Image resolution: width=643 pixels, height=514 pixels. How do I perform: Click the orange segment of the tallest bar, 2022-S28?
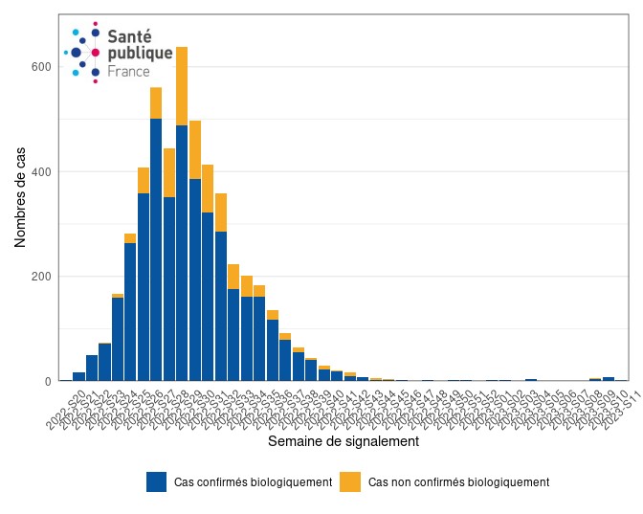point(182,86)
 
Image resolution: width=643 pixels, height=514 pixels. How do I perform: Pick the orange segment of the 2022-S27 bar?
point(169,173)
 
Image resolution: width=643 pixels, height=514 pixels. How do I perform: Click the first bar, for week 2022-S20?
point(78,376)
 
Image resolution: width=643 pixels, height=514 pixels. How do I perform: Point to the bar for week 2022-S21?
point(92,368)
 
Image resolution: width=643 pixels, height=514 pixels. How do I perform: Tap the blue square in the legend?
point(157,482)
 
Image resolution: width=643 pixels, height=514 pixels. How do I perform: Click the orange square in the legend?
point(350,482)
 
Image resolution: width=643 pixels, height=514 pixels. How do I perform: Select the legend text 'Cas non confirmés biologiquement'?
point(459,482)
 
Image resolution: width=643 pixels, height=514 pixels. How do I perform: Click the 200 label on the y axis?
point(42,277)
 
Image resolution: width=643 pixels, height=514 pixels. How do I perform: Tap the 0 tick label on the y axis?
point(48,381)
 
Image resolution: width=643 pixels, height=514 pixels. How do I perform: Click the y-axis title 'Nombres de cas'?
point(20,198)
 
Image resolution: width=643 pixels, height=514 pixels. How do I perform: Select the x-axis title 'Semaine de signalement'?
point(344,442)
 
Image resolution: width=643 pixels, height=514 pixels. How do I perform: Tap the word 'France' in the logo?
point(128,72)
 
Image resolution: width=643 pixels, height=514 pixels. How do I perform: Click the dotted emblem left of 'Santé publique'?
point(83,52)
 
